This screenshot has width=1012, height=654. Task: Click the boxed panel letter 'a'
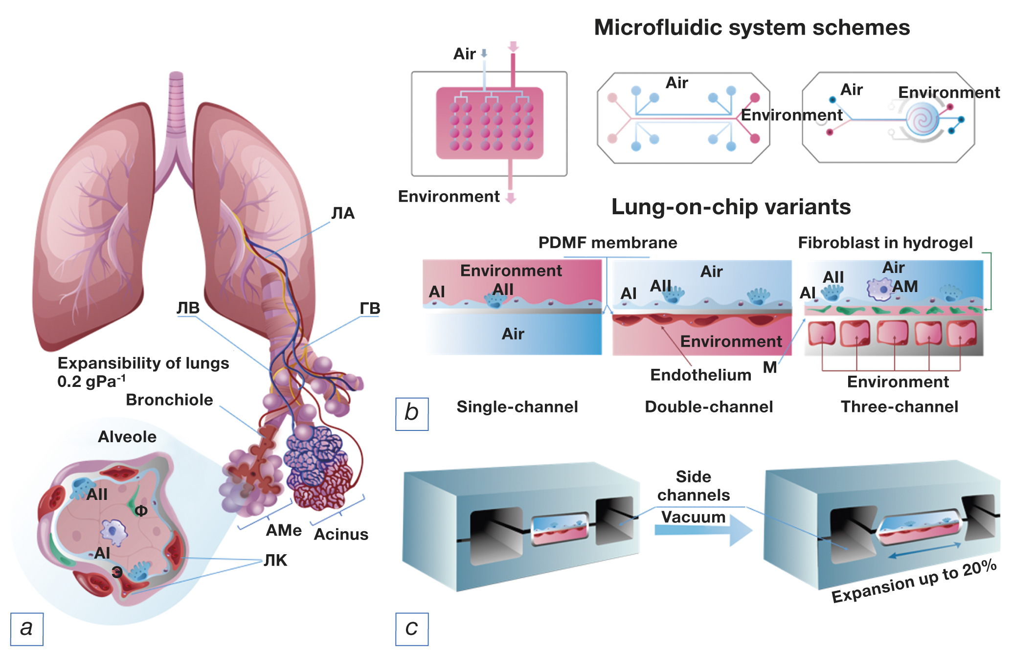coord(26,629)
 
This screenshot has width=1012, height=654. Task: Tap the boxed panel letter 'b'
coord(412,413)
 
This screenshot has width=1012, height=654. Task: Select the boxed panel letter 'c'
coord(412,629)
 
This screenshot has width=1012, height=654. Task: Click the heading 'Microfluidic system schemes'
coord(752,28)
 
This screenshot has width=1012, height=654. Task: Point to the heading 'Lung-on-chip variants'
coord(731,207)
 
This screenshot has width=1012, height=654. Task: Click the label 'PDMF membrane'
coord(607,243)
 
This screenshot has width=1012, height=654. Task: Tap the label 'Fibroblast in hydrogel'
coord(885,243)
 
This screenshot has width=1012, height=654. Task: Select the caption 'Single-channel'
coord(517,407)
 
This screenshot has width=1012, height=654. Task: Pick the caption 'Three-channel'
coord(899,407)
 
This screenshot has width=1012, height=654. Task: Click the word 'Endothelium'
coord(700,375)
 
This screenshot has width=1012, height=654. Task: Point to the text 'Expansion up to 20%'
coord(914,582)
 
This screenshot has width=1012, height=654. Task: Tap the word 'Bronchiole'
coord(169,400)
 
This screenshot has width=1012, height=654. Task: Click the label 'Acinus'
coord(341,535)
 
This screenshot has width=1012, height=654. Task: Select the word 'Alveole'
coord(127,437)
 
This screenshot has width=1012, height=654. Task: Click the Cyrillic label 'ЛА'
coord(343,213)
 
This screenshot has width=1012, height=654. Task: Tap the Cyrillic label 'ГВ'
coord(370,309)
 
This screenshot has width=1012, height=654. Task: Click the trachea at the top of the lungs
coord(176,103)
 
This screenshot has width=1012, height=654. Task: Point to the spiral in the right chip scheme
coord(922,119)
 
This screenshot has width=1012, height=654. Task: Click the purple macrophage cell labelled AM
coord(879,289)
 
